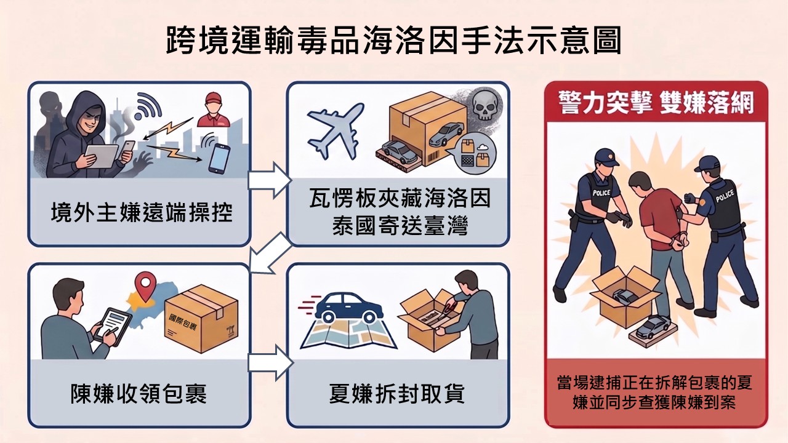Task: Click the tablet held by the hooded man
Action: tap(101, 156)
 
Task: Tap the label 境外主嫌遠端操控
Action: tap(142, 212)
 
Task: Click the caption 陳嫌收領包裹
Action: tap(139, 393)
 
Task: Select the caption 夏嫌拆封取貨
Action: tap(397, 393)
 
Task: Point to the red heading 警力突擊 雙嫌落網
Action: tap(656, 102)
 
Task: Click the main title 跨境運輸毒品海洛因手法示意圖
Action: tap(393, 40)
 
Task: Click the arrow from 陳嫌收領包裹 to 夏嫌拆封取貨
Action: tap(270, 362)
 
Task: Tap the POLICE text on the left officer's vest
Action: tap(601, 193)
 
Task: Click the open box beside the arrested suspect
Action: tap(625, 296)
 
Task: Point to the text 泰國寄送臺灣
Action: tap(400, 225)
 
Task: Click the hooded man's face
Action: tap(88, 122)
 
